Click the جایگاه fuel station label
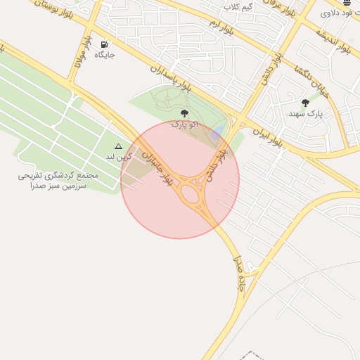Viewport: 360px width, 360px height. click(x=105, y=53)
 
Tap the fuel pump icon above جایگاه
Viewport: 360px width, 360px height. click(x=105, y=43)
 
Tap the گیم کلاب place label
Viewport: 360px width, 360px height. click(x=238, y=6)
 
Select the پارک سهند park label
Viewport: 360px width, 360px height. click(x=305, y=113)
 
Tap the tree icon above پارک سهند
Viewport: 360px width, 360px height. click(x=304, y=103)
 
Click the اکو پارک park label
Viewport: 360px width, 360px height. click(x=184, y=124)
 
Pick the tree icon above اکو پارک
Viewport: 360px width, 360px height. click(x=184, y=113)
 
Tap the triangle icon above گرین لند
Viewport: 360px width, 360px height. click(x=118, y=146)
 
